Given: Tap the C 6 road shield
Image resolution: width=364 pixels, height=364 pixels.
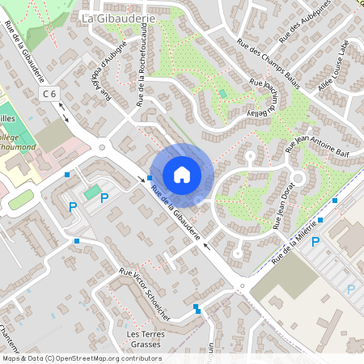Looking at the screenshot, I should [x=50, y=95].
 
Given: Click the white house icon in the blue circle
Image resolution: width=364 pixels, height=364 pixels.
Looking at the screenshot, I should [x=182, y=175].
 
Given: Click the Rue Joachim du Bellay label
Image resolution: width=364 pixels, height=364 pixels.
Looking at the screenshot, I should [x=269, y=98].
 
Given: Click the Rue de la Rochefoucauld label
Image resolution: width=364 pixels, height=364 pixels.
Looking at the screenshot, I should [x=142, y=75].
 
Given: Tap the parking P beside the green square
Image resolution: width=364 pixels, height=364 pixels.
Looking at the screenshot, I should [x=73, y=207].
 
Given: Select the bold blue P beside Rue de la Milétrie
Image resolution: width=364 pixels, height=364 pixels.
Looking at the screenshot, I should [x=316, y=241].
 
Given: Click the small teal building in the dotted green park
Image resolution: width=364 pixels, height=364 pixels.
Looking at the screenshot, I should [x=222, y=94].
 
